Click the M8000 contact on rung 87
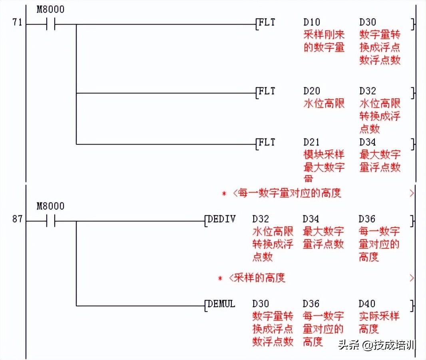coord(50,220)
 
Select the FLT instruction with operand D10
coord(267,22)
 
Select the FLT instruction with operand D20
coord(267,91)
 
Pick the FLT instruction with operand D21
coord(267,142)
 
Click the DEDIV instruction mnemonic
coord(221,219)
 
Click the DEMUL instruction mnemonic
coord(221,304)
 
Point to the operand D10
coord(312,22)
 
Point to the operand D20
coord(312,91)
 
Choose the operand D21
coord(312,142)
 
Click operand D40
coord(367,304)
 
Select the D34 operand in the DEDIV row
coord(311,219)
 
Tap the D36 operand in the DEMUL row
coord(311,304)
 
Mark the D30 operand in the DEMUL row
coord(261,304)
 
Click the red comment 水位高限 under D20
coord(324,104)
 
